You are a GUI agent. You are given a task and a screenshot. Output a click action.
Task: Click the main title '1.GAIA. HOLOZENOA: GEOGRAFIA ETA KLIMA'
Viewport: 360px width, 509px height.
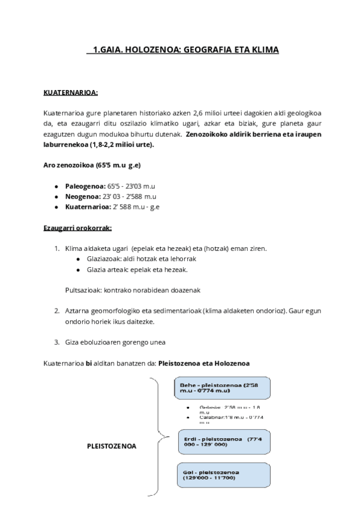point(182,50)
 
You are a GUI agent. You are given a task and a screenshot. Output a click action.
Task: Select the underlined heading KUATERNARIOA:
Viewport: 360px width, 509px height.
point(71,93)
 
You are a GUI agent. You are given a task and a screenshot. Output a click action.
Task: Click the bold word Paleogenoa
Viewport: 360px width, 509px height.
point(85,186)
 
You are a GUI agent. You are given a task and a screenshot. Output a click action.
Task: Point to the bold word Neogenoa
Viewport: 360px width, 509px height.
point(83,196)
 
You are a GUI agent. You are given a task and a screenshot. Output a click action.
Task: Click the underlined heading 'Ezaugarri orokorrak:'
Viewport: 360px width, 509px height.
point(77,228)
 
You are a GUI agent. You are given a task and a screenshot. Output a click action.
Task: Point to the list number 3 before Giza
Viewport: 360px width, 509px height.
point(56,342)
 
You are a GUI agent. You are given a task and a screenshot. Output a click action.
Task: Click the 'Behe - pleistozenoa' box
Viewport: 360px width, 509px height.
point(223,388)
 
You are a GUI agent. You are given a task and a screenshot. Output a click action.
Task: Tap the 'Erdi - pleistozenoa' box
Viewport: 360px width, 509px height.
point(223,442)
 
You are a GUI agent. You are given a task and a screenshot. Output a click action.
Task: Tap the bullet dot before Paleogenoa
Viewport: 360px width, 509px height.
point(56,186)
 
